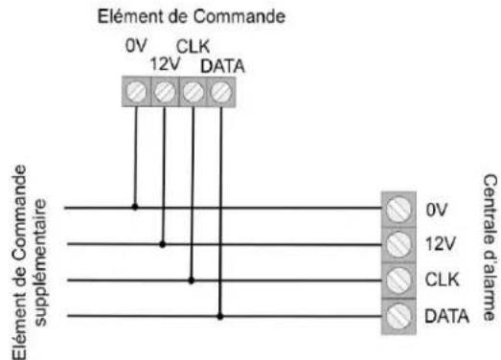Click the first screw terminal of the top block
[x=136, y=93]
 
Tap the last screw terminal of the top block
[x=221, y=93]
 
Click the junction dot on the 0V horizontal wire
[x=135, y=206]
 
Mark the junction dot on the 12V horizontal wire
[x=164, y=243]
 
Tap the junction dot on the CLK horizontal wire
[x=193, y=280]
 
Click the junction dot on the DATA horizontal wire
[x=221, y=316]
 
